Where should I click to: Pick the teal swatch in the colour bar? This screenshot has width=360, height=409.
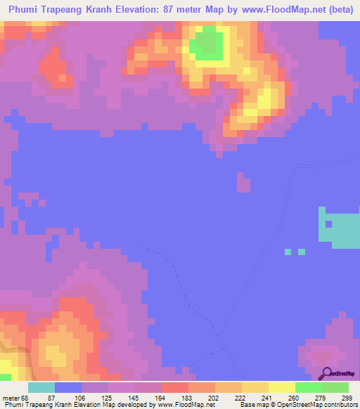click(x=41, y=387)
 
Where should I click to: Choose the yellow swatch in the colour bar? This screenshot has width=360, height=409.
click(x=281, y=387)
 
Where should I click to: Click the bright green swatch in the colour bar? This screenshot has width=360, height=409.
click(x=309, y=387)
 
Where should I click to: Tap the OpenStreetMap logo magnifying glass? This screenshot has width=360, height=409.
click(x=325, y=374)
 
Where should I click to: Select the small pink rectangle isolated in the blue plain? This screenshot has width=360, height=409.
click(x=243, y=183)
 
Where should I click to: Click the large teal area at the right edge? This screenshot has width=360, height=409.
click(x=343, y=228)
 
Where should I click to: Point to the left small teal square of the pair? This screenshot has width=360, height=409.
click(x=287, y=251)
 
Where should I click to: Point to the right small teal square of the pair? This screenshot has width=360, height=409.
click(x=302, y=251)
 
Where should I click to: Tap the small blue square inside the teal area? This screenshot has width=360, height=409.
click(x=328, y=224)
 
